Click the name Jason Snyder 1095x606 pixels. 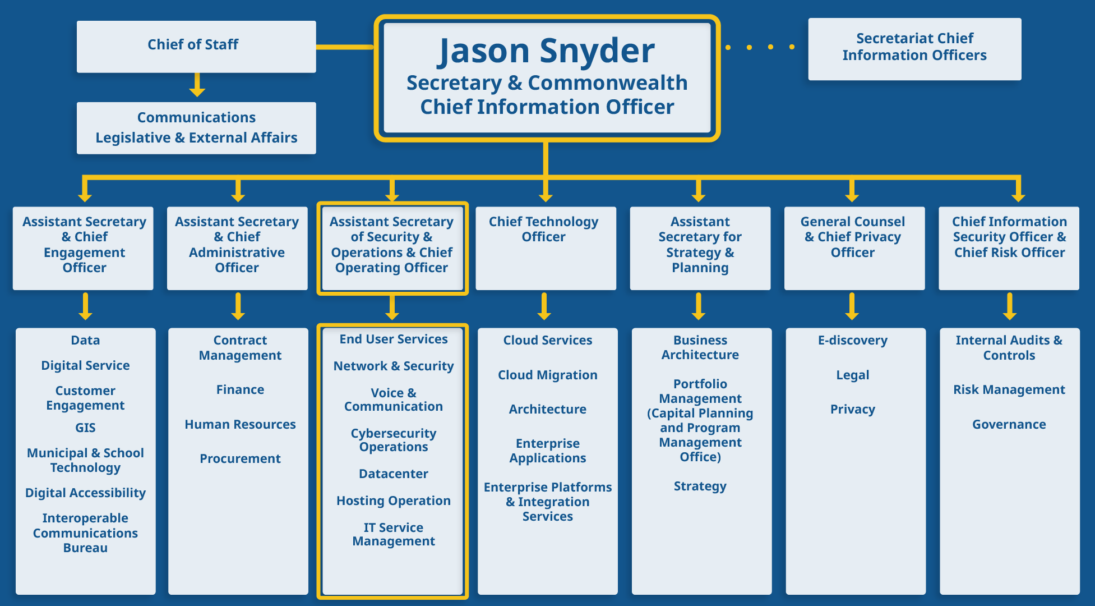(x=546, y=51)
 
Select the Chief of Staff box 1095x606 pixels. (x=196, y=46)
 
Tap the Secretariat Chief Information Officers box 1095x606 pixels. (x=914, y=48)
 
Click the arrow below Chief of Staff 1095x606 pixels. (x=197, y=85)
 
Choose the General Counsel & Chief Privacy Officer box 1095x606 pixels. (x=854, y=247)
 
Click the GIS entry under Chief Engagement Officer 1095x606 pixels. (x=85, y=428)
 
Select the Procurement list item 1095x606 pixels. (x=240, y=458)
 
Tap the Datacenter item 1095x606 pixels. (x=393, y=474)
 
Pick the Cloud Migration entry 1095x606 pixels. (x=547, y=375)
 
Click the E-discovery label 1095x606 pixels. (x=852, y=340)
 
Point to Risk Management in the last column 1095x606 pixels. (x=1009, y=389)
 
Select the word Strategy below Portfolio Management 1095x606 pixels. (x=700, y=486)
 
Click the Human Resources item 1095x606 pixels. (x=240, y=424)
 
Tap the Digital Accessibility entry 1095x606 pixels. (x=85, y=493)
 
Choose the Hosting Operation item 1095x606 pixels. (x=393, y=501)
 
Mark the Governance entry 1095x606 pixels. (x=1009, y=424)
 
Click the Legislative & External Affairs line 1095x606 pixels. (x=196, y=137)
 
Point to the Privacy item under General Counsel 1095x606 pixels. (x=852, y=409)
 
